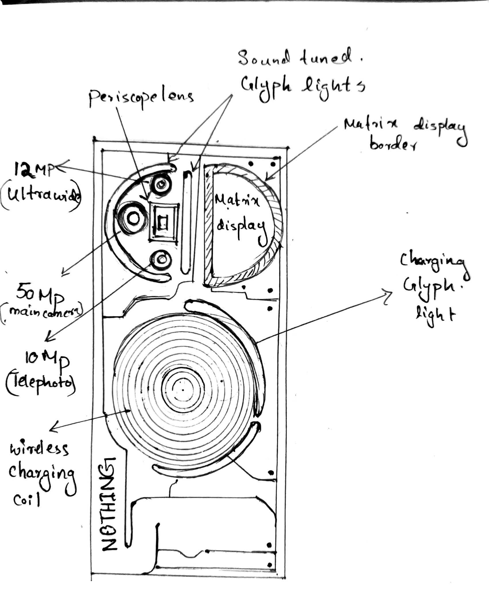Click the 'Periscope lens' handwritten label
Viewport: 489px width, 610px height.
click(141, 98)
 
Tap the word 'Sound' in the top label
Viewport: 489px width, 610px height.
click(263, 58)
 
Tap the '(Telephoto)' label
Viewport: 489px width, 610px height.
click(40, 383)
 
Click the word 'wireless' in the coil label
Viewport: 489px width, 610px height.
click(39, 448)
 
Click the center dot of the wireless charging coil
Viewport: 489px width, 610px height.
click(183, 390)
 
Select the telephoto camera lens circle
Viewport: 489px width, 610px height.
click(161, 260)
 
